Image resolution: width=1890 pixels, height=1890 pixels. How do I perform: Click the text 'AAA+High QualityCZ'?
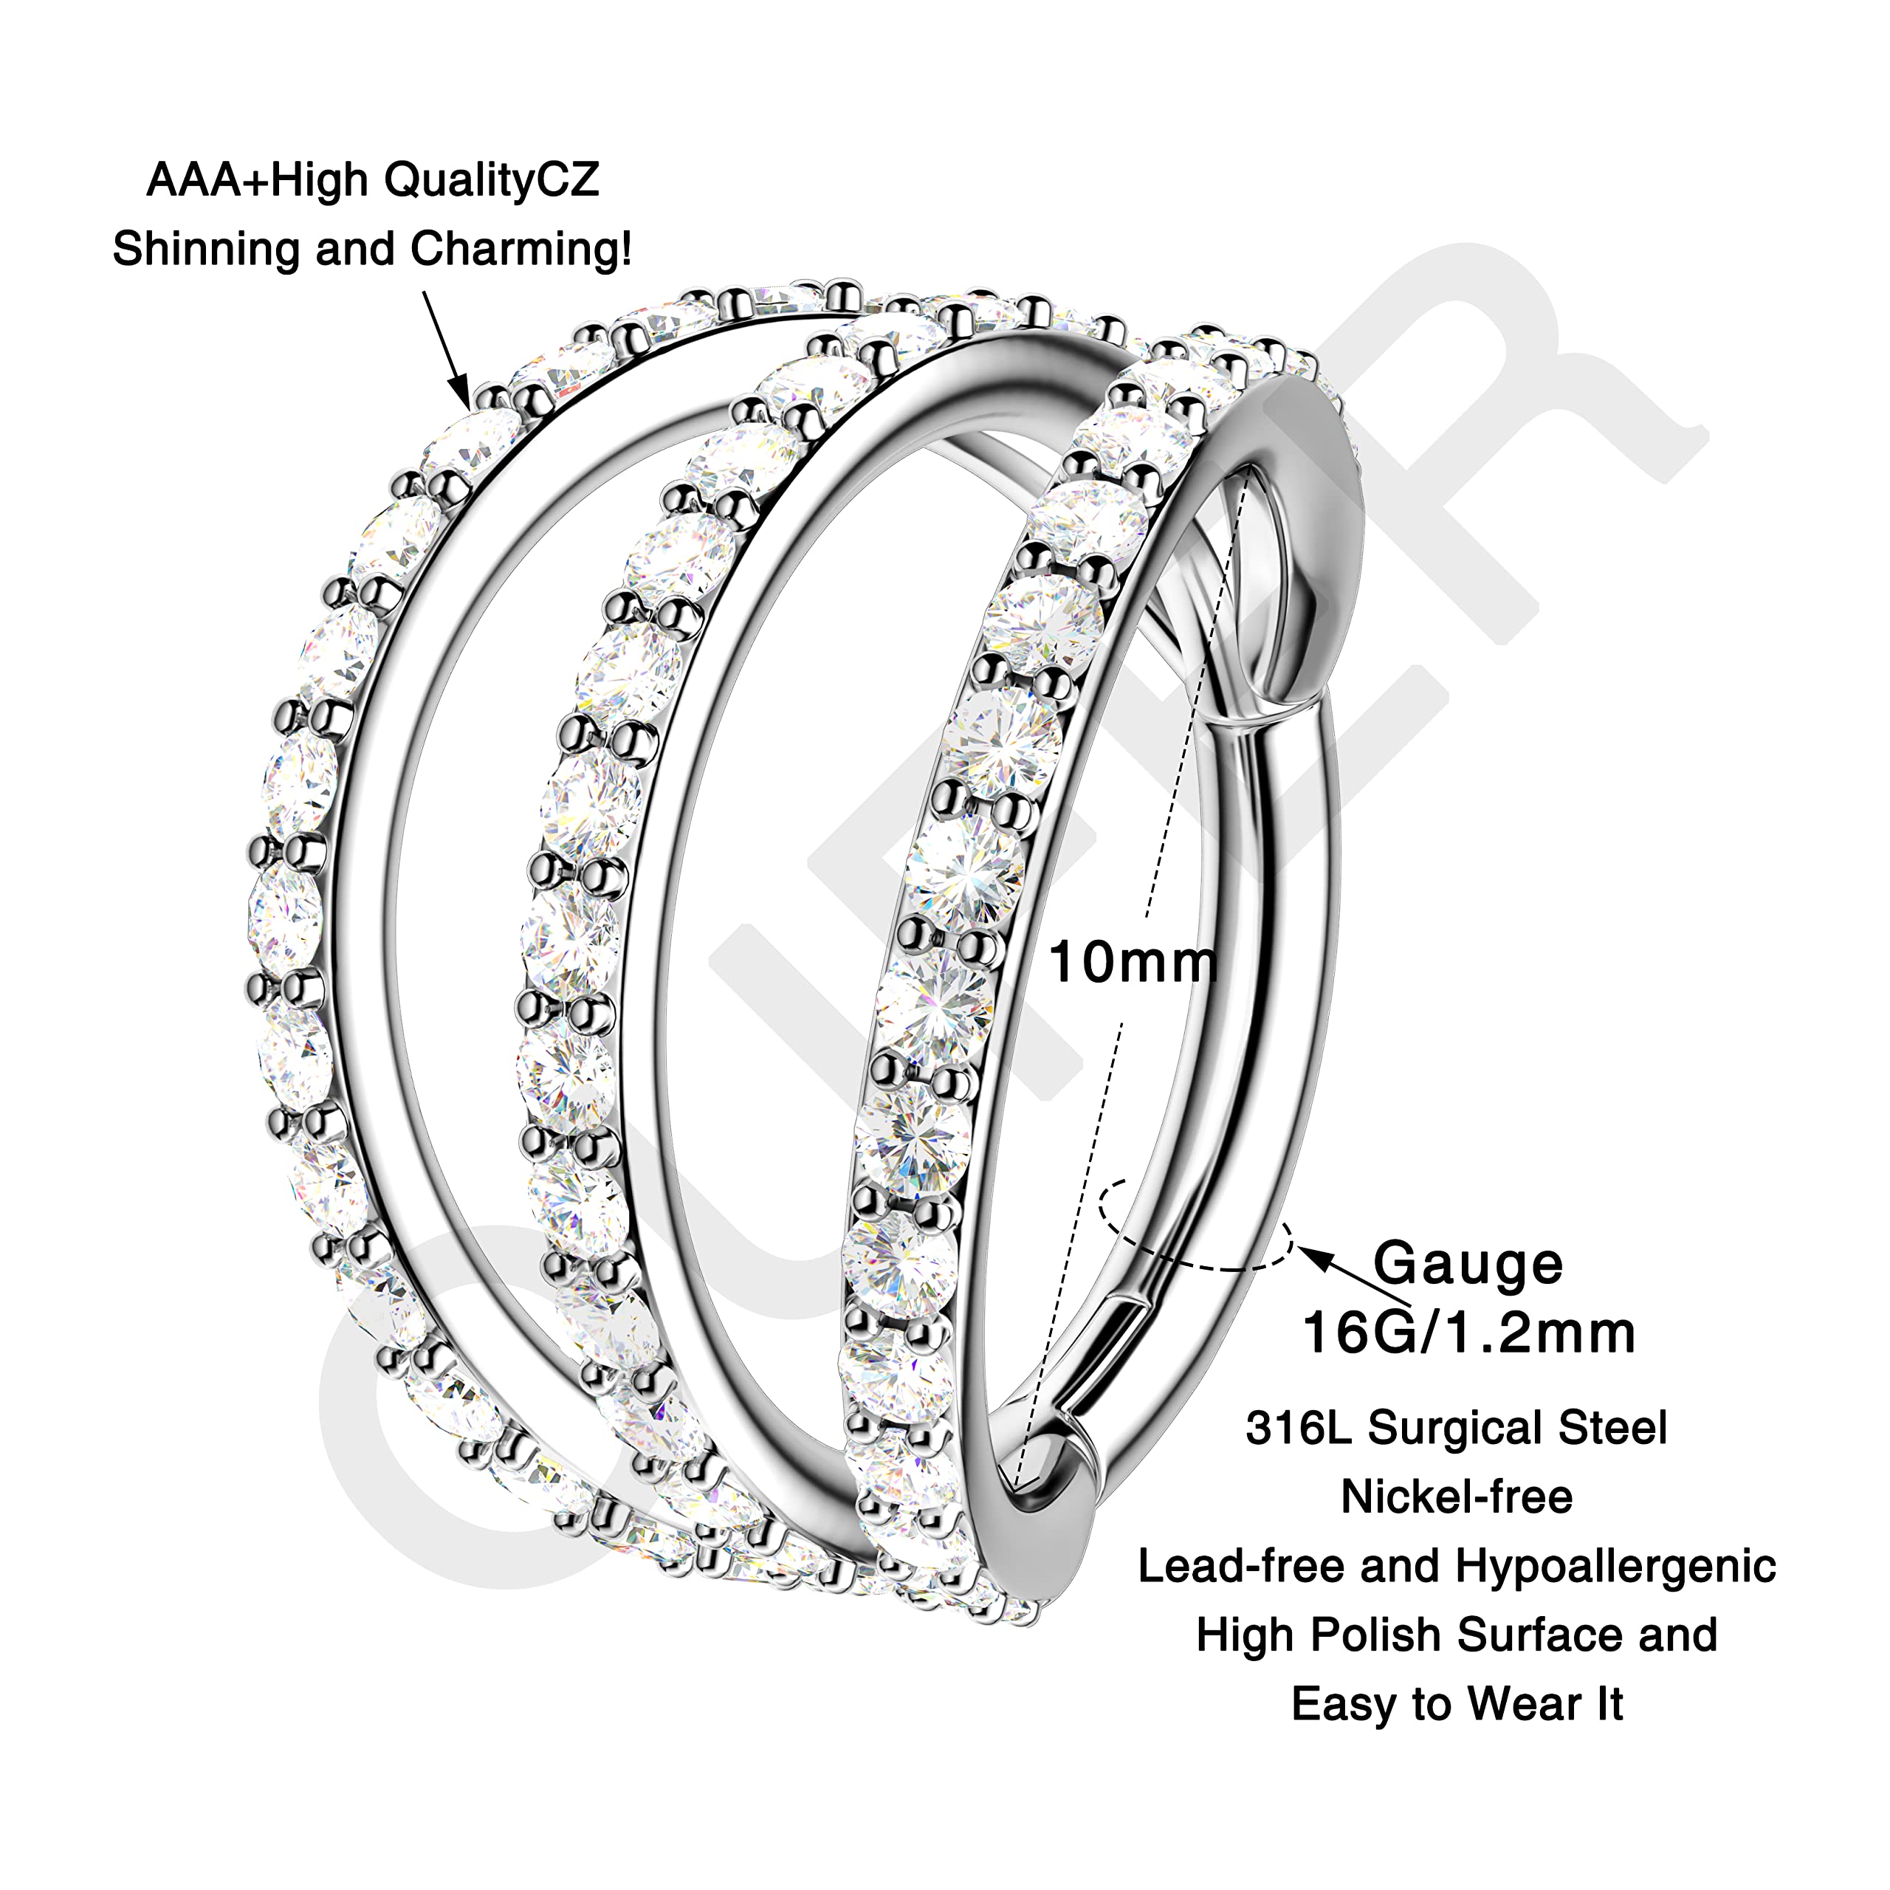tap(373, 181)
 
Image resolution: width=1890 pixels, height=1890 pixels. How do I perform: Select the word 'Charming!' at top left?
tap(521, 250)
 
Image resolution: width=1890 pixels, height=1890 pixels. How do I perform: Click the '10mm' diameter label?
tap(1133, 963)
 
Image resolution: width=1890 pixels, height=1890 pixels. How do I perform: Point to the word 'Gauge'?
tap(1468, 1265)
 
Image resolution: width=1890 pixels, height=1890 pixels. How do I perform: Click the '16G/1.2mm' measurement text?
tap(1468, 1333)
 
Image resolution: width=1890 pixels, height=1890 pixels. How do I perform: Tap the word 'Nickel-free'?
tap(1457, 1496)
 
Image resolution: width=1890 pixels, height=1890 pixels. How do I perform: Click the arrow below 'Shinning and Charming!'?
tap(446, 349)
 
